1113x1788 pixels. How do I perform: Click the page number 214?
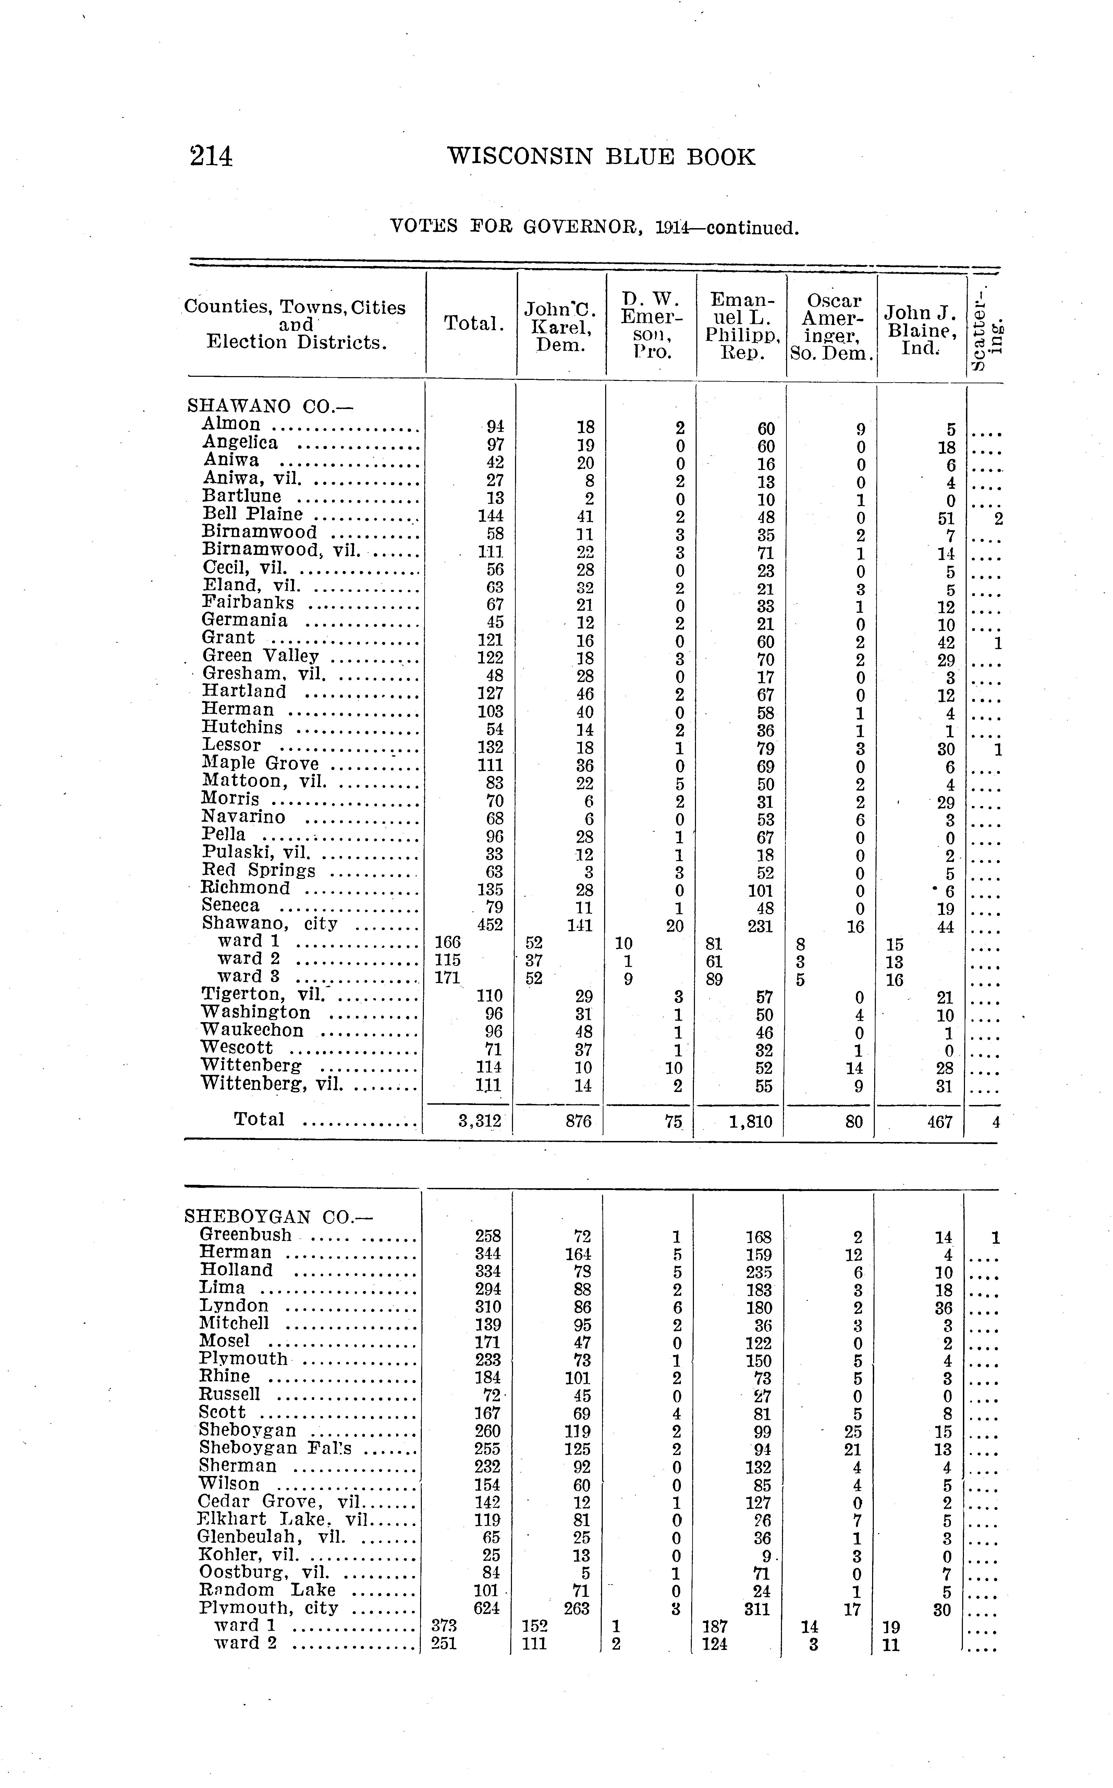tap(211, 157)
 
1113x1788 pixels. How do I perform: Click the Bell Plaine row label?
tap(253, 513)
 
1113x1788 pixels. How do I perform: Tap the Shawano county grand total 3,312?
tap(479, 1121)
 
